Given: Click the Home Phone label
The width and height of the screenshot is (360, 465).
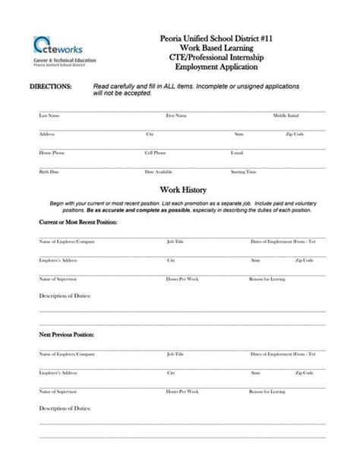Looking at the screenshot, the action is pos(51,153).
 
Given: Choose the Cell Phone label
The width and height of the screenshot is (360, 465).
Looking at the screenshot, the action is pos(156,153).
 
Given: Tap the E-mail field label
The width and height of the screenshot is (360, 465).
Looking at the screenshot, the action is pos(236,153).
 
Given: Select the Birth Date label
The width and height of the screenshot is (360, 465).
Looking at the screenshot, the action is pos(48,172).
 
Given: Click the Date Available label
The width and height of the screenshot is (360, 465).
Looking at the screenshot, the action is pos(159,172).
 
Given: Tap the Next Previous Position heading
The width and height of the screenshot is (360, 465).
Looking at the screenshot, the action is pos(66,334).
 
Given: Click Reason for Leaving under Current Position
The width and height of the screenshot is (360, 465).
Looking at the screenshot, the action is pos(267,279).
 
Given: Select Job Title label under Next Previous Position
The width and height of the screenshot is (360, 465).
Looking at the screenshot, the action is pos(175,353).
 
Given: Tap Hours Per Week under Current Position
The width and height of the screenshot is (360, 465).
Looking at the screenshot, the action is pos(182,279).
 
